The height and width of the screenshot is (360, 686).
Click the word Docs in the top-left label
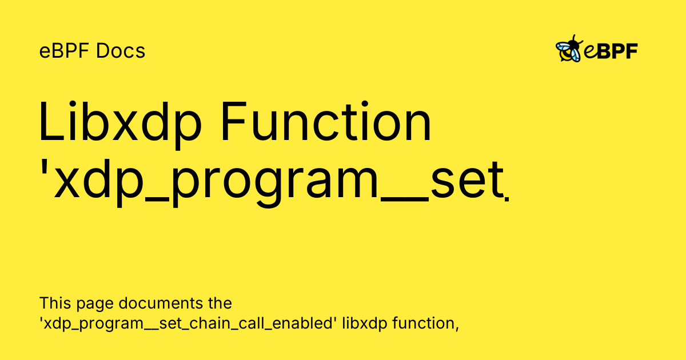[121, 51]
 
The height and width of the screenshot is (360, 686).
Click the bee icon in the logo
[569, 50]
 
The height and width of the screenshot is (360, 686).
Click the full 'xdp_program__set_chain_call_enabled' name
[188, 323]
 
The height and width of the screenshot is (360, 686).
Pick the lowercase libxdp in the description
[364, 323]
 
